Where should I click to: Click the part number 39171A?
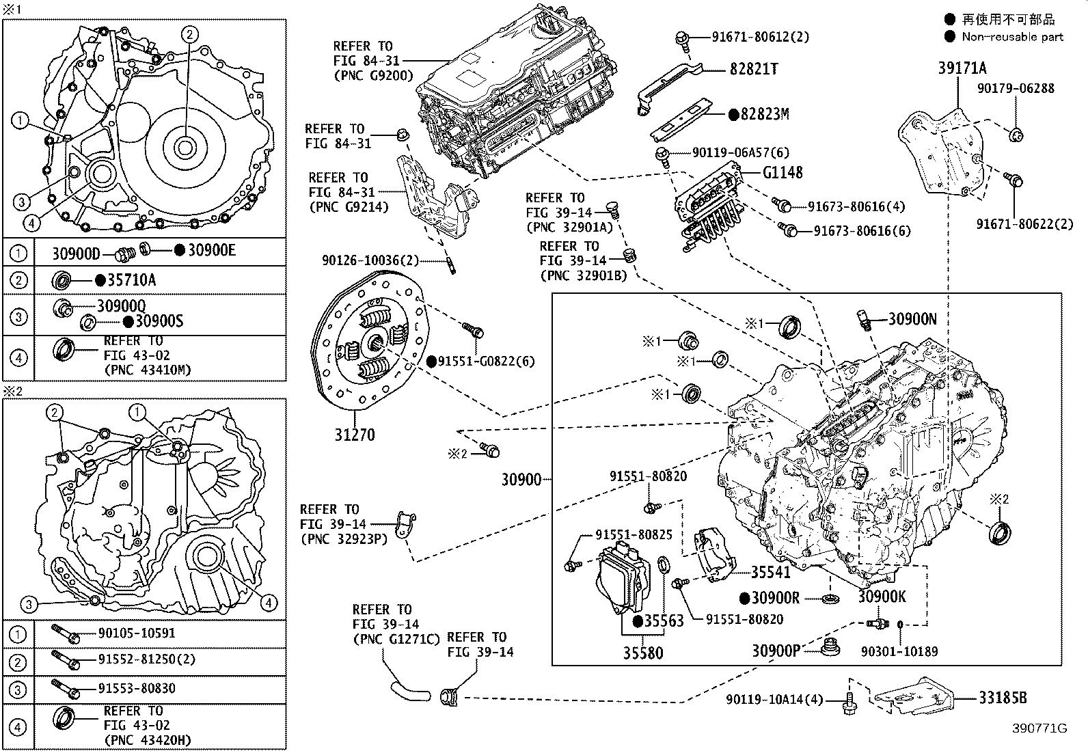pos(962,68)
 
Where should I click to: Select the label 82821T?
pos(753,69)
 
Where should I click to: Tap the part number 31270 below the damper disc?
pos(355,435)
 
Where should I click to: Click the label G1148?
pos(783,173)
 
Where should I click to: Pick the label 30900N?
pos(912,318)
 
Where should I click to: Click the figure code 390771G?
pos(1039,728)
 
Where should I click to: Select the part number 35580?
pos(642,653)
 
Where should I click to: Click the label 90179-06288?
pos(1016,88)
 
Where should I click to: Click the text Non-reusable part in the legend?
pos(1012,37)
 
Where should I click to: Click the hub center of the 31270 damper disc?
pos(375,344)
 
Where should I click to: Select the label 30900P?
pos(776,650)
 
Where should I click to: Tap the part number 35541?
pos(770,573)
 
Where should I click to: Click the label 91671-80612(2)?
pos(750,37)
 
